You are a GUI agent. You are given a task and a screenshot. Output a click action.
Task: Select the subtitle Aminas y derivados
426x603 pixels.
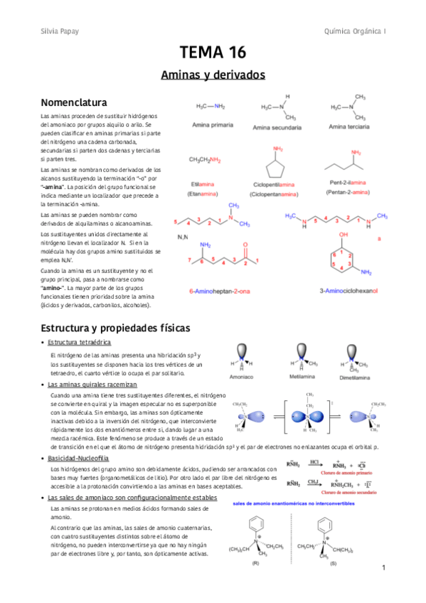pos(213,74)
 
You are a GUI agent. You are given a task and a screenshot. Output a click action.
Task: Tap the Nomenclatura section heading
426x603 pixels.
pos(74,102)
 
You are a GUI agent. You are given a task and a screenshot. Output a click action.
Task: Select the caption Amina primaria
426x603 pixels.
pos(212,124)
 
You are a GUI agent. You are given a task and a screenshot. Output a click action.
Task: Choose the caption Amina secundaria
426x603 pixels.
pos(277,127)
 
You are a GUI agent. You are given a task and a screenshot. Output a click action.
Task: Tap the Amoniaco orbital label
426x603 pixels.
pos(244,378)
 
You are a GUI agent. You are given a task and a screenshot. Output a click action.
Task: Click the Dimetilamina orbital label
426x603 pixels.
pos(358,378)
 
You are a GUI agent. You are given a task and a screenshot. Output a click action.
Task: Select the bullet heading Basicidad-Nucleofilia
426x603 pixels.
pos(83,459)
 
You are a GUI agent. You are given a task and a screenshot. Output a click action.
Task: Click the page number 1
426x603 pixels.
pos(383,567)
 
